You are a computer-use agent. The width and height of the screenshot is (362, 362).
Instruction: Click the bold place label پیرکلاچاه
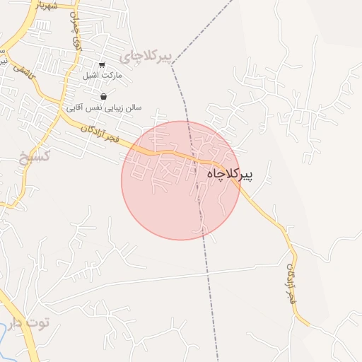click(x=230, y=173)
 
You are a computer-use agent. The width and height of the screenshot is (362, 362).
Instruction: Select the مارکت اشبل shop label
click(x=103, y=75)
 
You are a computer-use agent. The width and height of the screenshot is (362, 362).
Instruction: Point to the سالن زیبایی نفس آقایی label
click(x=104, y=107)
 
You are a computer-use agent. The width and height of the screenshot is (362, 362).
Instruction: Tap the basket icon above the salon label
click(x=104, y=97)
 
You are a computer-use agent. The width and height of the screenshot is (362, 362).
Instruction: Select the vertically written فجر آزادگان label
click(x=292, y=283)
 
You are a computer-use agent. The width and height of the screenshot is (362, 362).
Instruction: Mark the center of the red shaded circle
click(x=180, y=180)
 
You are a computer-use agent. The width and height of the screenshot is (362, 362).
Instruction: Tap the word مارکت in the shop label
click(x=112, y=75)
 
